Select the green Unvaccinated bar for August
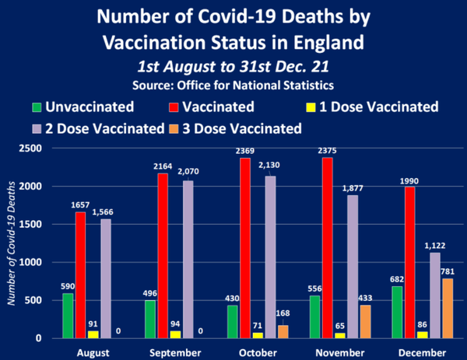(67, 316)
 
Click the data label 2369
(249, 151)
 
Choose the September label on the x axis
(181, 351)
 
